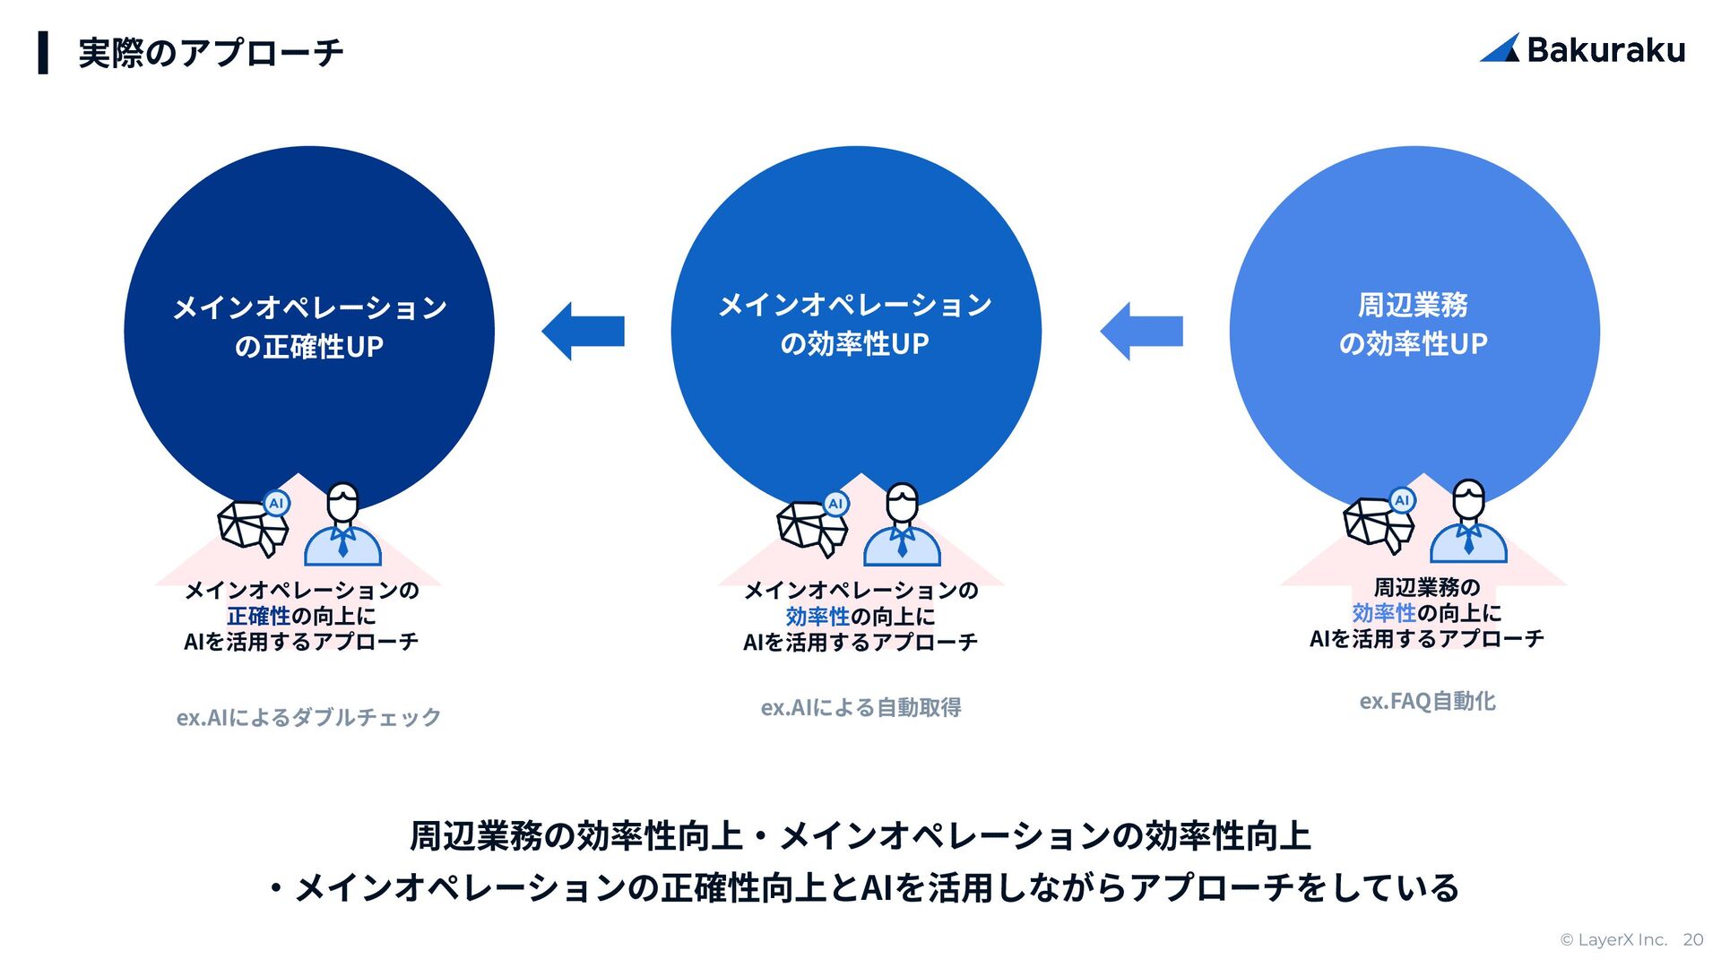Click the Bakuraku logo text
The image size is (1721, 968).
(1605, 50)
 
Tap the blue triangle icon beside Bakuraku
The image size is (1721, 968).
(1500, 48)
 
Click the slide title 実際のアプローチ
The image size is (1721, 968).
(211, 53)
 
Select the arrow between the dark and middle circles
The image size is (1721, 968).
(584, 332)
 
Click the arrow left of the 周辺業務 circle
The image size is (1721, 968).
(1142, 332)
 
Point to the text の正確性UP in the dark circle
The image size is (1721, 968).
(309, 347)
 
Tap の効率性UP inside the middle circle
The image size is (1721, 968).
(855, 344)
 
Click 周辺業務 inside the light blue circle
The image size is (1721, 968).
(1414, 305)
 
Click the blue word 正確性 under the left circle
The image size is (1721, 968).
(258, 616)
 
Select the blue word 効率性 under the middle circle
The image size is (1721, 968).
(817, 617)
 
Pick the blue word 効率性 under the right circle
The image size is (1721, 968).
(1384, 613)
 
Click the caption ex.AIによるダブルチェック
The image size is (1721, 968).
(309, 717)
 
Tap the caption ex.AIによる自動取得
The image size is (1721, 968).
(860, 707)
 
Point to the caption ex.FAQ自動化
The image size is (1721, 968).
(1427, 701)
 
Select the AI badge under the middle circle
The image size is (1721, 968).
(835, 504)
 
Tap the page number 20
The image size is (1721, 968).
(1692, 939)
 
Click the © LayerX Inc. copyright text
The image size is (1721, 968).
(1613, 939)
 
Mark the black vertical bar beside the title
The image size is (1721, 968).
(43, 52)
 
